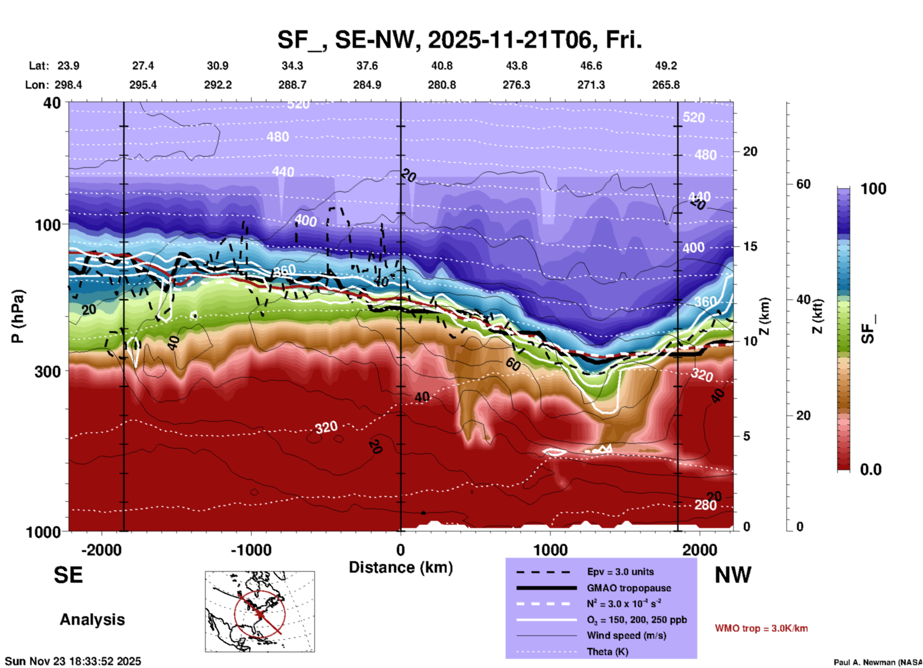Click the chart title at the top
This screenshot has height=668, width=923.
(459, 40)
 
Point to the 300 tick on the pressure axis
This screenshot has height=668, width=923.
(48, 371)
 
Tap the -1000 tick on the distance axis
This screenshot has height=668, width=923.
(251, 550)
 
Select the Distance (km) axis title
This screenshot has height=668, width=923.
(401, 567)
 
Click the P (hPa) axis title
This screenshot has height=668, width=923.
(18, 316)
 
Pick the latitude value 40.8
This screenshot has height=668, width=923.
(441, 66)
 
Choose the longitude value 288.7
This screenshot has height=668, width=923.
(292, 85)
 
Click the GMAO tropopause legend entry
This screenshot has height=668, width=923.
(628, 588)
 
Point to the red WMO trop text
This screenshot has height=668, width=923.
(761, 628)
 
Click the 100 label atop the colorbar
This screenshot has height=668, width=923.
(873, 189)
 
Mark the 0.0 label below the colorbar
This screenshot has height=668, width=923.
(871, 470)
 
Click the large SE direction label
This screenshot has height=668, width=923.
(68, 575)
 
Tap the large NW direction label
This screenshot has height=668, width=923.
(733, 575)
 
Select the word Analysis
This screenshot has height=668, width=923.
(92, 620)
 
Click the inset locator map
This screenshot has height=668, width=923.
(260, 611)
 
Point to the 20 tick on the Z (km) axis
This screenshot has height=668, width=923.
(750, 151)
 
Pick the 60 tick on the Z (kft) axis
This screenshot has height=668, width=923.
(803, 184)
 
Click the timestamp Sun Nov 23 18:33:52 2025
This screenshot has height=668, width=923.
(73, 661)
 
